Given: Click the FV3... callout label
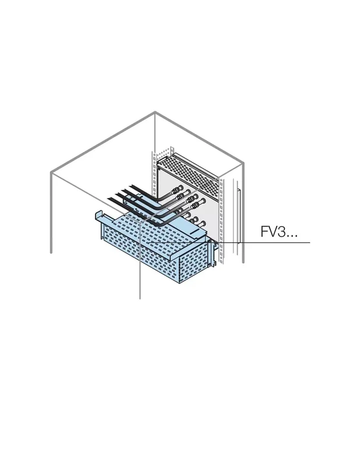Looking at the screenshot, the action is click(278, 231).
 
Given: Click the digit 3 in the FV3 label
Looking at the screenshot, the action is click(281, 231).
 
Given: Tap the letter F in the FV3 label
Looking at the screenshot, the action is click(264, 231).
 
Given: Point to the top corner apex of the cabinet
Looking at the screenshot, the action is click(155, 112).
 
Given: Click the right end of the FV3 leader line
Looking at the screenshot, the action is click(310, 242).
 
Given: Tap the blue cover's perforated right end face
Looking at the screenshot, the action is click(193, 262).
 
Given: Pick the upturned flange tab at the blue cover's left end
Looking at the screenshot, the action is click(99, 216).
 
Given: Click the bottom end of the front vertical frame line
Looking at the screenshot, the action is click(140, 298).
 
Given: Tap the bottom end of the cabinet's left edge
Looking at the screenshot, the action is click(51, 253).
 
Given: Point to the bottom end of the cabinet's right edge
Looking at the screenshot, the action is click(243, 262).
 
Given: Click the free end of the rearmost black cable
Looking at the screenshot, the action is click(130, 187).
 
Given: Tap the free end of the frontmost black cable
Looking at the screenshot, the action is click(109, 198).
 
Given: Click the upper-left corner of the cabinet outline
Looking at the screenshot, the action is click(51, 172).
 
